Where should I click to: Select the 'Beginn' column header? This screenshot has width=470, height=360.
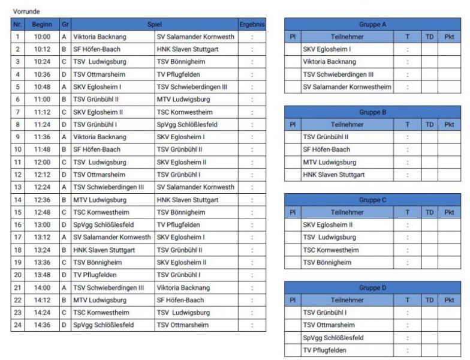coord(42,24)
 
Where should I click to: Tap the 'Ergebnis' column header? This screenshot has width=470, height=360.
coord(252,24)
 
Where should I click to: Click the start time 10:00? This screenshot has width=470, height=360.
coord(42,37)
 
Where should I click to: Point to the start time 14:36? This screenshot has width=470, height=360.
coord(42,325)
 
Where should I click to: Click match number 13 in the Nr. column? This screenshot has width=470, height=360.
coord(17,187)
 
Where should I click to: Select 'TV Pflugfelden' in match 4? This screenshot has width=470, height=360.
coord(177,74)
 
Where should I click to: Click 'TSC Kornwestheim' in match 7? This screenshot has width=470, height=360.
coord(182,112)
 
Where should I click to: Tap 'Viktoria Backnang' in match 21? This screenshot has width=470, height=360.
coord(183,287)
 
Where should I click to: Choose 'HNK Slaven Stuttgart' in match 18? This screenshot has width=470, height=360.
coord(104,250)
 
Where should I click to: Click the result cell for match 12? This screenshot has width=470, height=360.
coord(252,175)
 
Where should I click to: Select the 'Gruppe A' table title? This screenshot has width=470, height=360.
coord(372,24)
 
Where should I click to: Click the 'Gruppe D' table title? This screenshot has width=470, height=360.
coord(372,287)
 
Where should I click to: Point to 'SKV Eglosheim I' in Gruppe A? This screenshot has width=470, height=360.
coord(327,49)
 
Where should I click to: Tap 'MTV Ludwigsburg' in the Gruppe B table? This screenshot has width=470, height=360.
coord(329,162)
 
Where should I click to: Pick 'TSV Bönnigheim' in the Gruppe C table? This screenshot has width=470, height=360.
coord(327,262)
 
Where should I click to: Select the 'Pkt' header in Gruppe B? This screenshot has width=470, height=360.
coord(449,124)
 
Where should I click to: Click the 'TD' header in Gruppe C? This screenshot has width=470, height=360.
coord(429,212)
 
